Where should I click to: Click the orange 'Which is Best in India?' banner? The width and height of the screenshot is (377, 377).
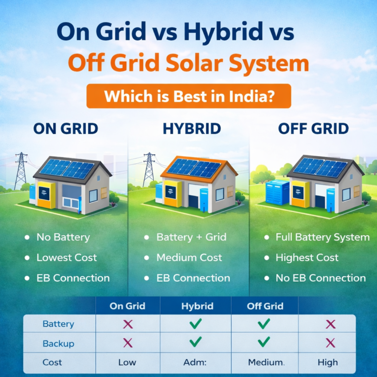(x=188, y=95)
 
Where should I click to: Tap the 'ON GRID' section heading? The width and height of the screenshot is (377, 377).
(x=66, y=129)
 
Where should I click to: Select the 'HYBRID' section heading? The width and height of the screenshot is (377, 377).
(x=188, y=129)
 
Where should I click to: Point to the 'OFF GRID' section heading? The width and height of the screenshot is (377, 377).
(x=313, y=129)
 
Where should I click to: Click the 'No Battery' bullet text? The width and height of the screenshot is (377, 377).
(x=63, y=237)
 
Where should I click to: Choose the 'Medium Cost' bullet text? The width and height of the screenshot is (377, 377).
(x=189, y=257)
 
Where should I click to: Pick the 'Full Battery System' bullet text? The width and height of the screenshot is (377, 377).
(x=322, y=237)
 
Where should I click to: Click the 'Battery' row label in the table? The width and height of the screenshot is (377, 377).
(x=58, y=324)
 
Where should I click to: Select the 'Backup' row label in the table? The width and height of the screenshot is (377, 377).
(x=58, y=343)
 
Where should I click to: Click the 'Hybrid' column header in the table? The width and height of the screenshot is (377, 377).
(x=197, y=306)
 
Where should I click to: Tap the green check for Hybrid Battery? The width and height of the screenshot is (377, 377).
(x=196, y=323)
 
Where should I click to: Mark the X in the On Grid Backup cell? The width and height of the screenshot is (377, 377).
(x=128, y=343)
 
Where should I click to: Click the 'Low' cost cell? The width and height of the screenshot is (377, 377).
(x=127, y=362)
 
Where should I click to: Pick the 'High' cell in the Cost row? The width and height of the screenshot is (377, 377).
(x=327, y=362)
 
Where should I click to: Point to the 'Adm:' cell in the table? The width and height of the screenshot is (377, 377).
(x=196, y=362)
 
